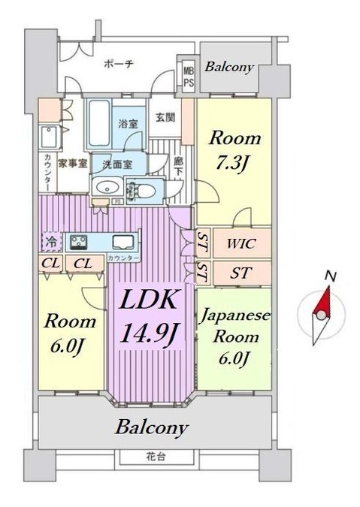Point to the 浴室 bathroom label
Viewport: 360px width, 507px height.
[128, 125]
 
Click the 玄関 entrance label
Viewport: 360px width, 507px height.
[165, 118]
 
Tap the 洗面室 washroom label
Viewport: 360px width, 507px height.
[118, 163]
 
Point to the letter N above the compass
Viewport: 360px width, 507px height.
[328, 276]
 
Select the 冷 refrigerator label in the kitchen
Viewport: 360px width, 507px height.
[51, 242]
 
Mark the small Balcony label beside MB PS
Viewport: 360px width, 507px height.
[229, 68]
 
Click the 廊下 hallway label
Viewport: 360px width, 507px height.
[178, 166]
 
